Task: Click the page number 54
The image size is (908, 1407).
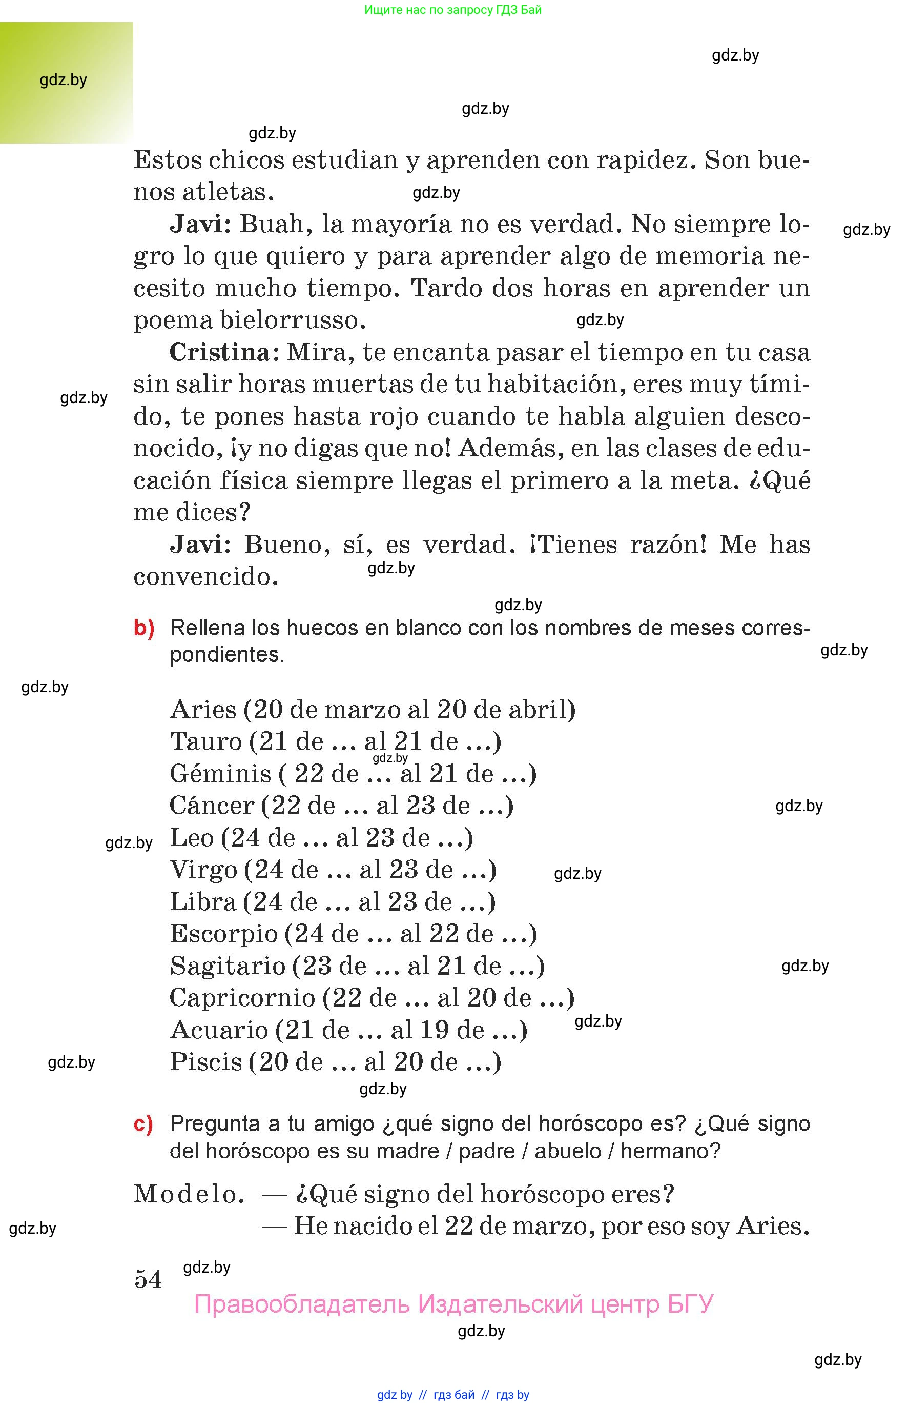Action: point(148,1279)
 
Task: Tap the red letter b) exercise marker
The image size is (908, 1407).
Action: point(144,628)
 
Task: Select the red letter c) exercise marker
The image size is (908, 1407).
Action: point(143,1124)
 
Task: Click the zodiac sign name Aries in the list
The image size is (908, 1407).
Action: point(203,709)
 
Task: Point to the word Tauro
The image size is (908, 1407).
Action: point(206,741)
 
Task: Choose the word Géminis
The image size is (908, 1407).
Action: point(220,773)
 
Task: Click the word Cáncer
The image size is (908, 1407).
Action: point(212,805)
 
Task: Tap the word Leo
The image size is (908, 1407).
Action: point(192,837)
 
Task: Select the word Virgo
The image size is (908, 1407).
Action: point(203,870)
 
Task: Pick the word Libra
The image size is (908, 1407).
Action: point(203,901)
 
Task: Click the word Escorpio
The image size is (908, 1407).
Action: point(223,933)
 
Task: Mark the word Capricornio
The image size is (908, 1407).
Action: point(242,998)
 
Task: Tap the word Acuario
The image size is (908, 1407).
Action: point(219,1030)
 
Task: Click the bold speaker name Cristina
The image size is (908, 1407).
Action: point(219,352)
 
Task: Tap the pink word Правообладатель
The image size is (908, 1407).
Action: point(301,1304)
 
